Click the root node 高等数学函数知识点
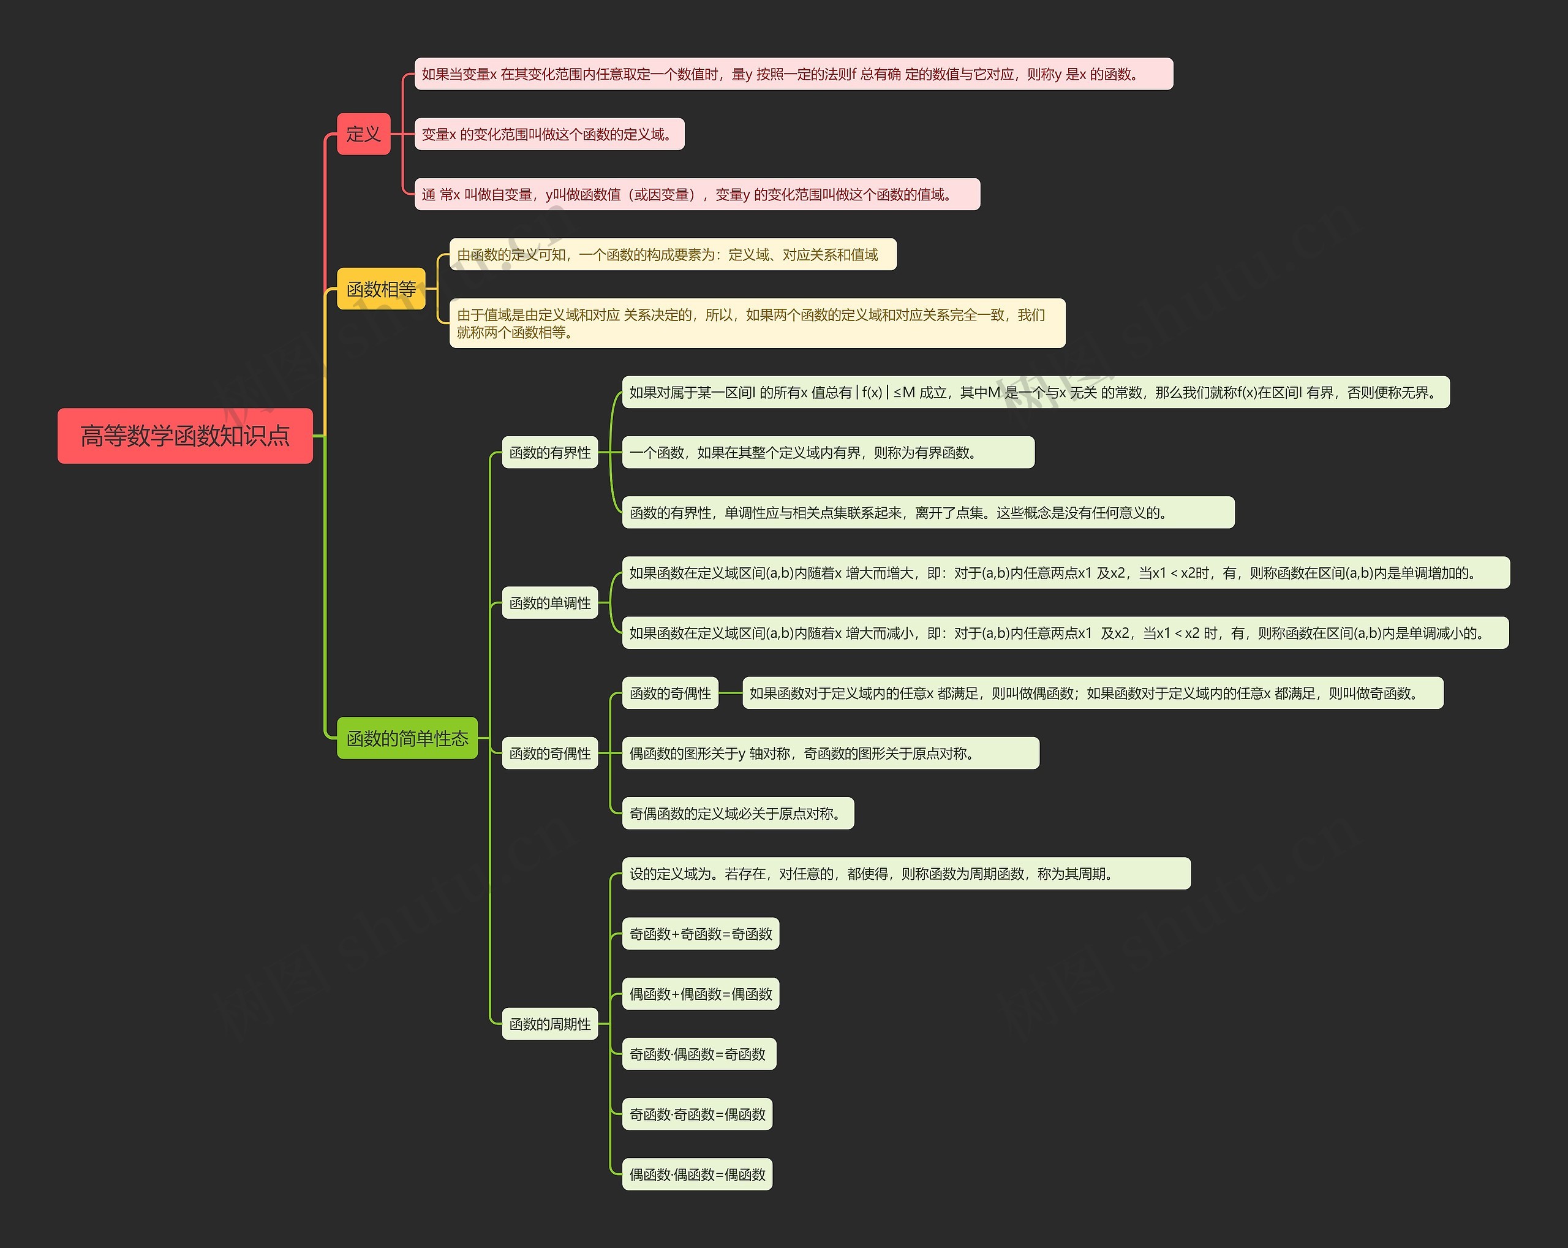click(185, 436)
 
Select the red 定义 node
click(363, 134)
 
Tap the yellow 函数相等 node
click(380, 289)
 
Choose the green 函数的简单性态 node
click(407, 738)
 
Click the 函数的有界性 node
click(550, 452)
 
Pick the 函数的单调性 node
click(550, 603)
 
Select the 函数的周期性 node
click(550, 1024)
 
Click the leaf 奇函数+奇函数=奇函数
click(700, 934)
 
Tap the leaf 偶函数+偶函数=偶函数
click(700, 994)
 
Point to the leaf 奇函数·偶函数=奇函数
click(698, 1054)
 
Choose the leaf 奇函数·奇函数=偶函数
click(697, 1114)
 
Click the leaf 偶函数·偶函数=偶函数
click(697, 1174)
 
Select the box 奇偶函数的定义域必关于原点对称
click(737, 814)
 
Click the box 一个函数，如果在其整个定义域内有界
click(827, 452)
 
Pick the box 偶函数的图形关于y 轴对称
click(830, 754)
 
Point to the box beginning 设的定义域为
click(905, 874)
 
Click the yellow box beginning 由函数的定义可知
click(672, 254)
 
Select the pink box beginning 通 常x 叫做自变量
click(697, 194)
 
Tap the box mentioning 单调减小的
click(1065, 633)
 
